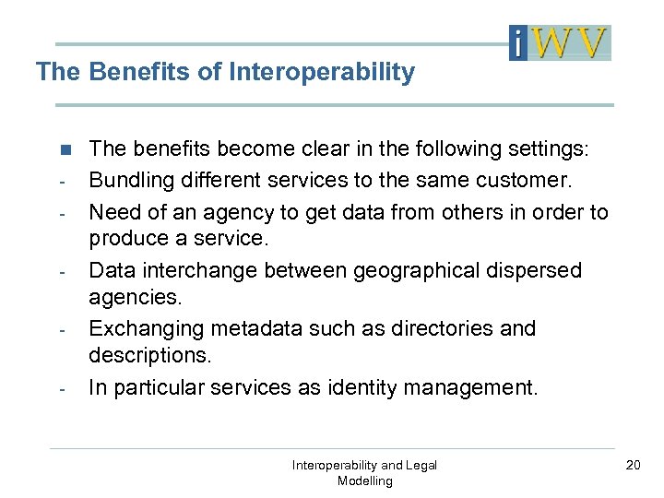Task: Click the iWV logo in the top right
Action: pos(560,42)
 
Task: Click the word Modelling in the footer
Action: pos(364,480)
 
